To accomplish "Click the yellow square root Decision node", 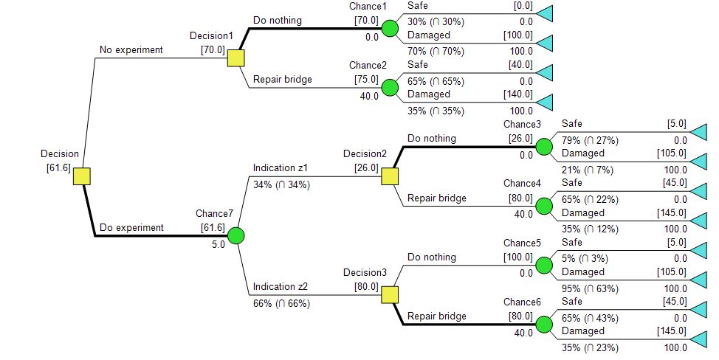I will (81, 176).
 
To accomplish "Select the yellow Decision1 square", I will (236, 58).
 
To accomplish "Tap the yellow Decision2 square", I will (390, 176).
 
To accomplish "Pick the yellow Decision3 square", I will (390, 295).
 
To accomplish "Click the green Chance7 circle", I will (236, 236).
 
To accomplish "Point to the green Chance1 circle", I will (390, 29).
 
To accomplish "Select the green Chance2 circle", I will (390, 88).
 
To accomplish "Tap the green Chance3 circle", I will (544, 147).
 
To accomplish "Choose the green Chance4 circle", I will (544, 206).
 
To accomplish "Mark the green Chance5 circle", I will (544, 266).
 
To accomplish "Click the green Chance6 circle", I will (544, 325).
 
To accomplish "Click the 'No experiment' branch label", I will (131, 50).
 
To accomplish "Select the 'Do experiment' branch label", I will (131, 228).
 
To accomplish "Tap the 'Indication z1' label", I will (281, 168).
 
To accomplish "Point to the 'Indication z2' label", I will (281, 287).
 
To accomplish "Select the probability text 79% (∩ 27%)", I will (589, 140).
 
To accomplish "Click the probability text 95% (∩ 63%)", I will (589, 288).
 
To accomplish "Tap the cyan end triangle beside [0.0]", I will (544, 13).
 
